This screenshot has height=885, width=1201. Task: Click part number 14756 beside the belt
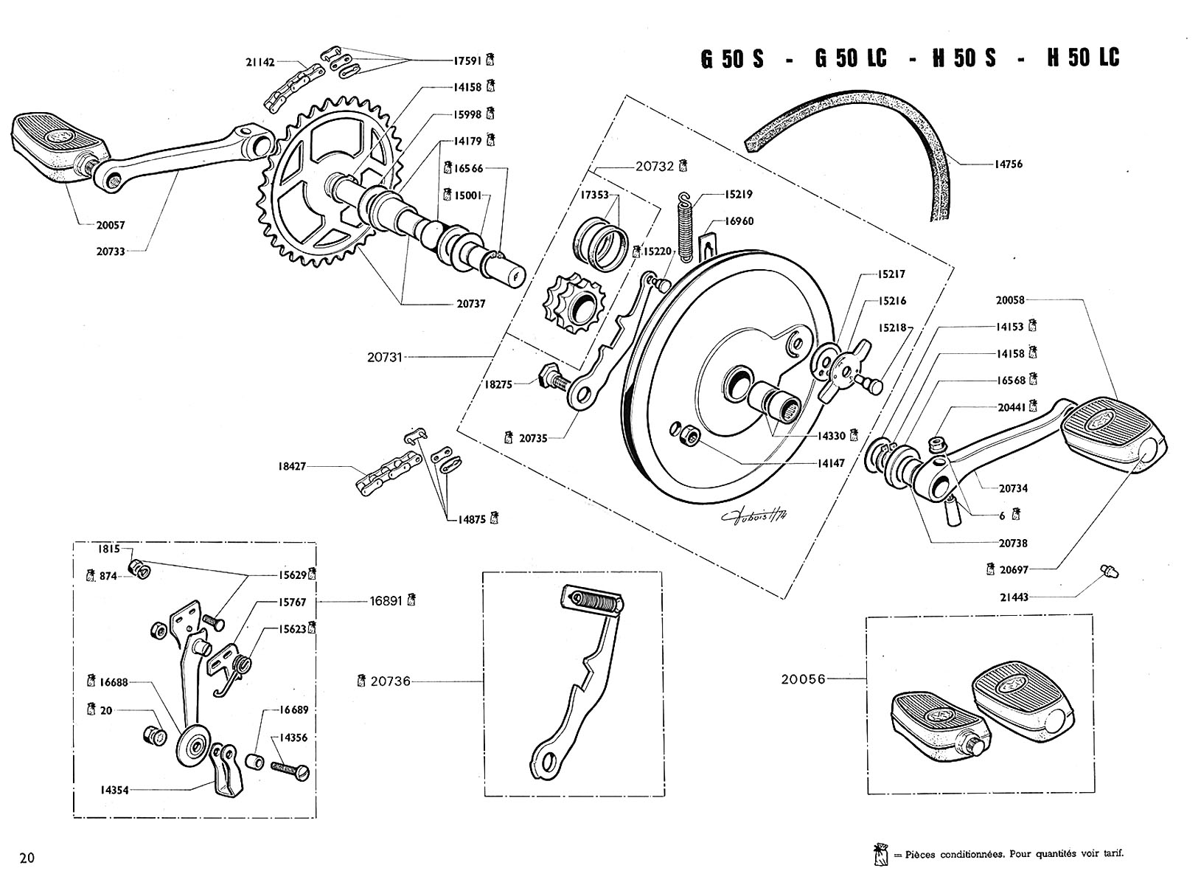click(x=1009, y=164)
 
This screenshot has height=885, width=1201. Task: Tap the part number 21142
click(x=260, y=62)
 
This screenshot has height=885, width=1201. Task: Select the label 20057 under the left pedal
click(x=111, y=225)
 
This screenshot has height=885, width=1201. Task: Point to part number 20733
click(x=111, y=251)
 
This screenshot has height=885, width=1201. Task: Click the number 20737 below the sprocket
click(x=471, y=304)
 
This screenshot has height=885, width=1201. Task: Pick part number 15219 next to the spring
click(x=738, y=195)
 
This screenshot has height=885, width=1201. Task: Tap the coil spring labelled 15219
click(x=685, y=227)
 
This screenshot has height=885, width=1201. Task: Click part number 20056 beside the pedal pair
click(x=803, y=679)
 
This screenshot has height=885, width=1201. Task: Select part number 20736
click(x=390, y=681)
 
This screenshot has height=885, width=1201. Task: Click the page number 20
click(x=27, y=858)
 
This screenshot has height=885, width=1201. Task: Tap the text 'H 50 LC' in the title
click(x=1083, y=58)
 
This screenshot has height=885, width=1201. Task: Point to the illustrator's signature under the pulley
click(x=756, y=516)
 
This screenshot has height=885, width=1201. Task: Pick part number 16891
click(x=386, y=601)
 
